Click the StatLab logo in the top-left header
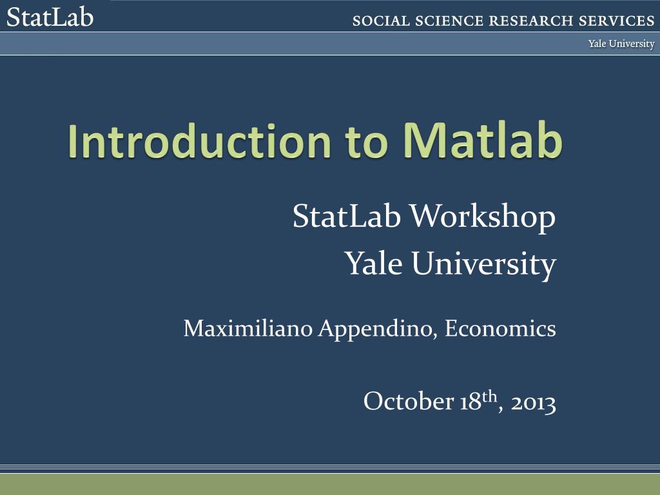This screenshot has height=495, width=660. point(50,16)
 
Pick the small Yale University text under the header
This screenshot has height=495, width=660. point(621,44)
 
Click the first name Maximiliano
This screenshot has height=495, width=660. point(249,328)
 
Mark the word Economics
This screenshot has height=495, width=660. point(500,328)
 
